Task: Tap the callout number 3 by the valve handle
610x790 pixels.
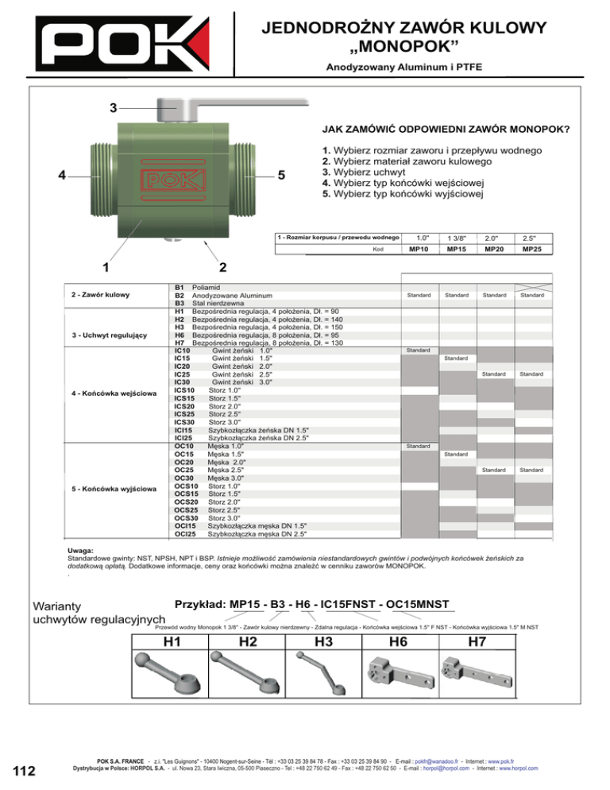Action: click(114, 106)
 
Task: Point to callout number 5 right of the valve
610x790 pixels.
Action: click(280, 176)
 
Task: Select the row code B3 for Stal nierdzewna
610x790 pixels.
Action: click(180, 303)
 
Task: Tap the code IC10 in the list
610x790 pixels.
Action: click(181, 350)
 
